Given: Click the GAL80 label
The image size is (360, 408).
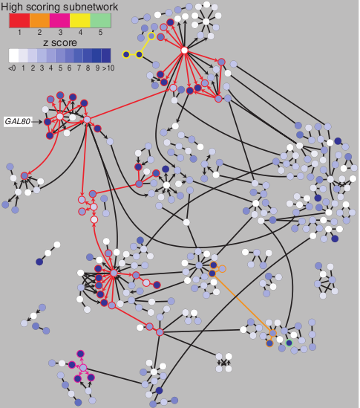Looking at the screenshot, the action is tap(18, 122).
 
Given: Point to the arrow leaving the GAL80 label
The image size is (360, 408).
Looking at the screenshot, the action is tap(37, 122).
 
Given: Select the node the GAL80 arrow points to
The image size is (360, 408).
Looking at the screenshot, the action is tap(48, 122).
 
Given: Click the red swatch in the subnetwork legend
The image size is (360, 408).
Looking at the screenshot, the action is tap(19, 21).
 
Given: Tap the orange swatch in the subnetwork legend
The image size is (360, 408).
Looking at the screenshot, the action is tap(39, 21).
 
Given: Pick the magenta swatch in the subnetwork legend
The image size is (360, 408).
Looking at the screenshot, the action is tap(60, 21).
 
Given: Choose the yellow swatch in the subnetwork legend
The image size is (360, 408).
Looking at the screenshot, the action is tap(80, 21).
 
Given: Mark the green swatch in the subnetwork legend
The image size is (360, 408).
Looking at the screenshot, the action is tap(101, 21).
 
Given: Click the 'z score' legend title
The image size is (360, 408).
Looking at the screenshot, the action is tap(60, 42).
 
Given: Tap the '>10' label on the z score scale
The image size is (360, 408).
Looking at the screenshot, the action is tap(108, 68).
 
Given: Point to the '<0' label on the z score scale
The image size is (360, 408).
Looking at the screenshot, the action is tap(12, 68).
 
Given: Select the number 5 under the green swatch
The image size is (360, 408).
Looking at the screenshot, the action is tap(101, 32).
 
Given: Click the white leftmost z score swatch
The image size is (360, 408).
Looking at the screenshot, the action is tap(13, 56).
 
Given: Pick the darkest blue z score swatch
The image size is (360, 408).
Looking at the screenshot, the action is tap(106, 56).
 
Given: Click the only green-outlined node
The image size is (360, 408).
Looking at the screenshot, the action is tap(289, 343).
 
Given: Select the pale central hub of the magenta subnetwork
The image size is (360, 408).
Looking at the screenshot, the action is tap(83, 368).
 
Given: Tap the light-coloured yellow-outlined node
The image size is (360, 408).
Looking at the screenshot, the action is tap(151, 36).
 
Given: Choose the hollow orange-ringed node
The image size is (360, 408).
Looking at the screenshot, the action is tap(222, 269).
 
